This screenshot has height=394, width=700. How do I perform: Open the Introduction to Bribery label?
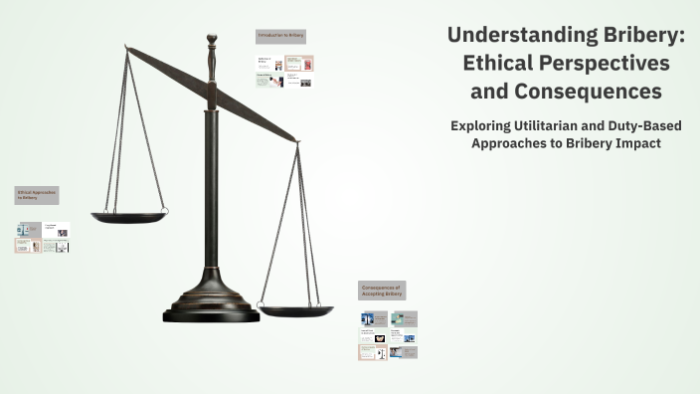(x=281, y=36)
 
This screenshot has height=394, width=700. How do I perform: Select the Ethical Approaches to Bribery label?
(x=36, y=194)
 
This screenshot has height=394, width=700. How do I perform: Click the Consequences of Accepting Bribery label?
(x=382, y=291)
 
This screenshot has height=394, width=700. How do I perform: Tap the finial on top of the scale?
(x=211, y=41)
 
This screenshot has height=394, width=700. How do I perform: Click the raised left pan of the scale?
(x=128, y=216)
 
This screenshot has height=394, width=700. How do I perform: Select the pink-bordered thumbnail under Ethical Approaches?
(x=28, y=246)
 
